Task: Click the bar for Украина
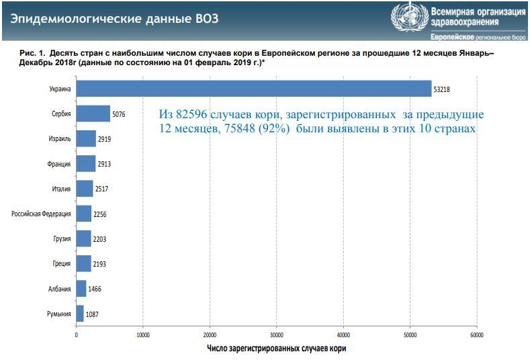(253, 89)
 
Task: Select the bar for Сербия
(93, 114)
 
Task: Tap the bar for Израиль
(86, 138)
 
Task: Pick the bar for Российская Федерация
(83, 214)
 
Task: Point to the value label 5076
(119, 114)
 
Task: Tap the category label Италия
(61, 189)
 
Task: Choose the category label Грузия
(61, 238)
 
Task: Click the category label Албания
(59, 289)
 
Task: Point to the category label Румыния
(59, 314)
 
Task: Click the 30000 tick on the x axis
(276, 334)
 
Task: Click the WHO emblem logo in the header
(408, 18)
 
